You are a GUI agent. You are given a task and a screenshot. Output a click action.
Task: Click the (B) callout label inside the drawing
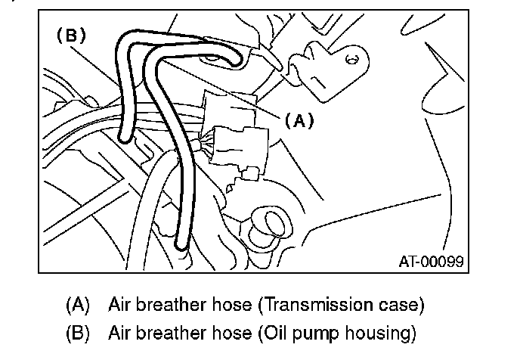[72, 35]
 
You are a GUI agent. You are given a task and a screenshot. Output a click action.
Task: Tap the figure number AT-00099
[431, 262]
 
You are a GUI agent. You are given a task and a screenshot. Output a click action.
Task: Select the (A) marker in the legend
[79, 306]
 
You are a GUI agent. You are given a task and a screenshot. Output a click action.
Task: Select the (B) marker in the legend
[79, 332]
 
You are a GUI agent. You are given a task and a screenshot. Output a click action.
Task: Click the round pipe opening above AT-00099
[271, 223]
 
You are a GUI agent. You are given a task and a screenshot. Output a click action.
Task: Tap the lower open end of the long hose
[181, 244]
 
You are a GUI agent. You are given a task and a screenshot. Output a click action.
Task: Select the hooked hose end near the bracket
[237, 57]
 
